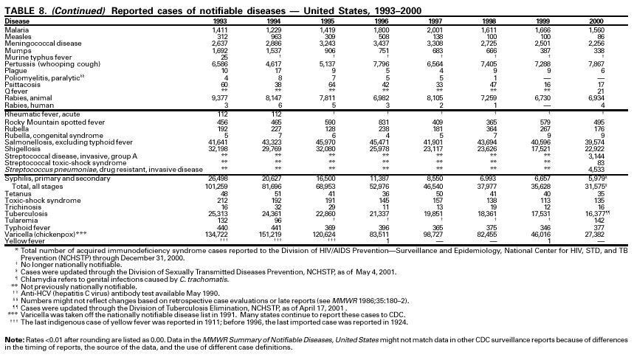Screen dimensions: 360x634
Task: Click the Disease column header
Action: [18, 21]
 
